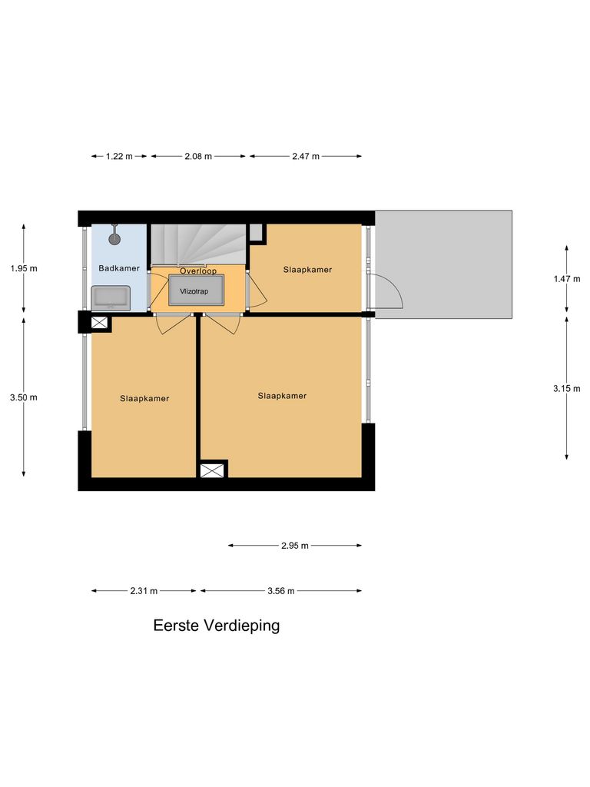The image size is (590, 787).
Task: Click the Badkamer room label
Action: [119, 268]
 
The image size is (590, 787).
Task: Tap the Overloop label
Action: [197, 271]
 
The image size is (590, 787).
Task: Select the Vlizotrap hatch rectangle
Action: [197, 291]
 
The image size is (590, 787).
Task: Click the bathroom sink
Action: [111, 297]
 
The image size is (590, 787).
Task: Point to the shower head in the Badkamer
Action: [114, 238]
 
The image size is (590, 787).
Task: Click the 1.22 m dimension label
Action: [118, 156]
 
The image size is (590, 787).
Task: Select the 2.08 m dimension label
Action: [197, 156]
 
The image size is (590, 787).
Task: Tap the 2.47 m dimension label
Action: [305, 156]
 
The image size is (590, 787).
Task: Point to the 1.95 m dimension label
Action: [23, 268]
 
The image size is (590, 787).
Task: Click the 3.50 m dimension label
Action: [23, 397]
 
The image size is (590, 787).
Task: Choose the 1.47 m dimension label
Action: [567, 279]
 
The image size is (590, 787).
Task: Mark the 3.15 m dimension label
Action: [567, 389]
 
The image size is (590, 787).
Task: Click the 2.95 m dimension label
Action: [294, 546]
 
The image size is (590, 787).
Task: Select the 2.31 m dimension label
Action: [144, 591]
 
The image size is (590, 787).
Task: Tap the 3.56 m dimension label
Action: [280, 591]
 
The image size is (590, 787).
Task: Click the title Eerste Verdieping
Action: [217, 626]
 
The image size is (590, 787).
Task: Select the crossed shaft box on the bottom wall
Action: [214, 470]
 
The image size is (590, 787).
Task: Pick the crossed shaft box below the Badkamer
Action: [99, 323]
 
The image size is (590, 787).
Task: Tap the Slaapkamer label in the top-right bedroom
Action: [307, 270]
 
